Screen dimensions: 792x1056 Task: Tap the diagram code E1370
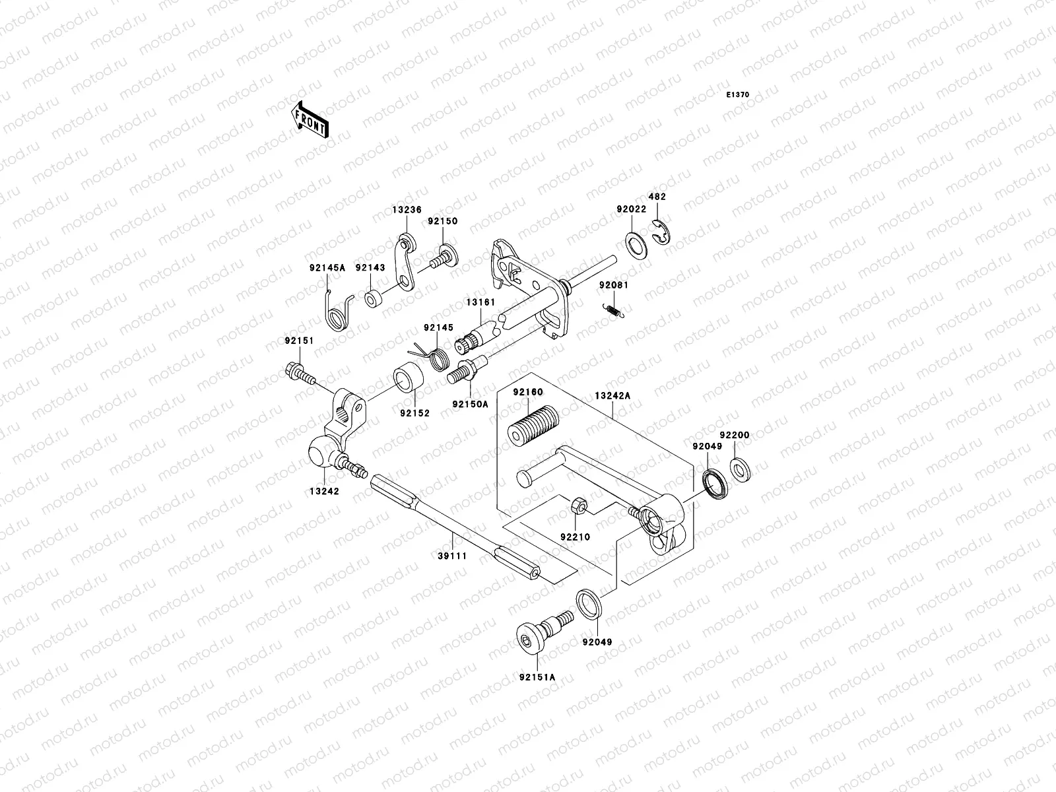[738, 95]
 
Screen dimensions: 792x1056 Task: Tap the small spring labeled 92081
[614, 309]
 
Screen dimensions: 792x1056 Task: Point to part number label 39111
[453, 556]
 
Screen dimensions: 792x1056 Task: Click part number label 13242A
[612, 395]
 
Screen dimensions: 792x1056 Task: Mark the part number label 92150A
[471, 404]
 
